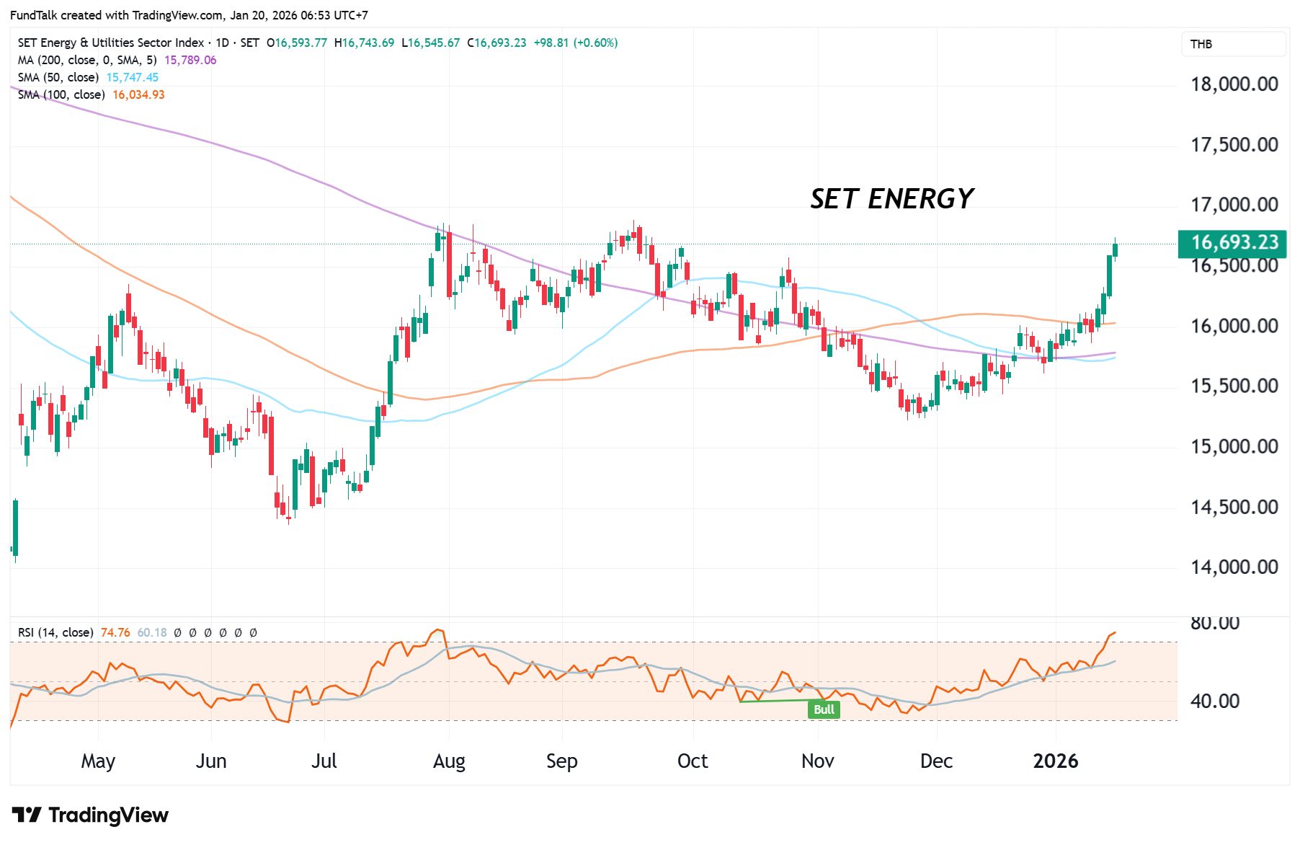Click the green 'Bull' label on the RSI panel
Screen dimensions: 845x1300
click(824, 709)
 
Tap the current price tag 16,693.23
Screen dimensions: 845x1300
click(1234, 242)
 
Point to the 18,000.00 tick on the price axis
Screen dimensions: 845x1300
click(1234, 84)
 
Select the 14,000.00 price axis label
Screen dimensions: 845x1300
click(1234, 567)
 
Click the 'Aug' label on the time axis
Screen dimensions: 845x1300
click(449, 761)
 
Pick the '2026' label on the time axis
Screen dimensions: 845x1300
click(1055, 761)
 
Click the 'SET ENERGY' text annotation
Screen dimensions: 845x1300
click(891, 199)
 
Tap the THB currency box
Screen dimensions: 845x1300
click(1201, 45)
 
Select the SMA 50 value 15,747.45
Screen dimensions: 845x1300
click(133, 78)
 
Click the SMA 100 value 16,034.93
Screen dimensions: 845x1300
click(138, 95)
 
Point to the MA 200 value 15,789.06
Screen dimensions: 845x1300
click(190, 61)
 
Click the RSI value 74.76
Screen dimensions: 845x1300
click(115, 633)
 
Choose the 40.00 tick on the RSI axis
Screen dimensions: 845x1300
click(1214, 701)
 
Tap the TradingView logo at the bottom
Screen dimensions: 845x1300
click(90, 815)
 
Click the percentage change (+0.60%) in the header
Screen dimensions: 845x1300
click(595, 43)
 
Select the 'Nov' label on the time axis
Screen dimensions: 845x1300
click(817, 761)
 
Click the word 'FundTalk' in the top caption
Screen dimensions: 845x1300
click(33, 15)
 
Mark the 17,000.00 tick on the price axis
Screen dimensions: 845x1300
click(1234, 205)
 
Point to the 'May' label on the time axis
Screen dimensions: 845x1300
click(98, 761)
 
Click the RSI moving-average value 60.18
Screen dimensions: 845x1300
click(152, 633)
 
